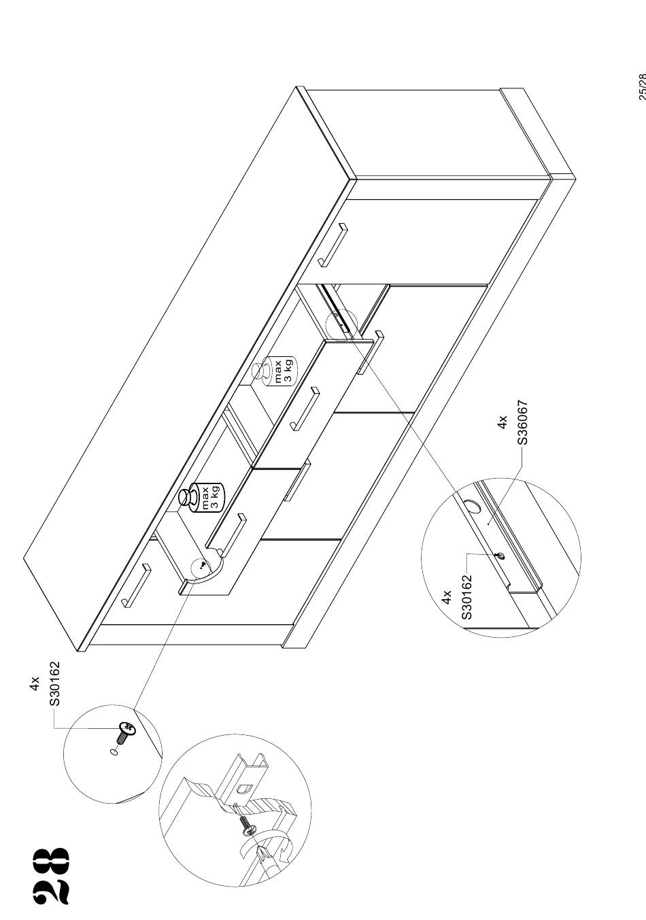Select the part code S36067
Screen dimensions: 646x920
[x=522, y=422]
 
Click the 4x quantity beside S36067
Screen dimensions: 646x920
[x=503, y=422]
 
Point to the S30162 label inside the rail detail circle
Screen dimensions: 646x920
[x=467, y=597]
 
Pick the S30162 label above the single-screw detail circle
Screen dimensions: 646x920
[x=54, y=683]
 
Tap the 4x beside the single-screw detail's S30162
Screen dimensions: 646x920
[x=35, y=683]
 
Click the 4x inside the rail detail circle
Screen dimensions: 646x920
[x=447, y=597]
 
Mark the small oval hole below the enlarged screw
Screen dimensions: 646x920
[x=114, y=752]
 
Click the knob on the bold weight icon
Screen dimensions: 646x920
[x=187, y=497]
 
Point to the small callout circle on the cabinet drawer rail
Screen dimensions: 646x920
[x=341, y=325]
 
